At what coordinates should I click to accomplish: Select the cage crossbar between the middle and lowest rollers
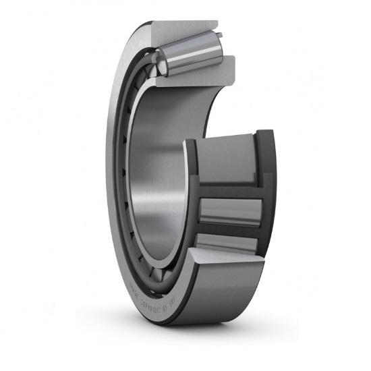coord(229,229)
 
